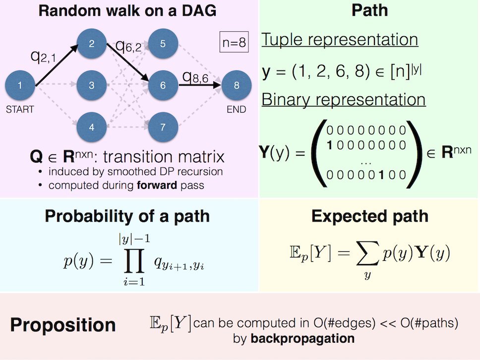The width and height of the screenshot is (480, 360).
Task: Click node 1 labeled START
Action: point(19,85)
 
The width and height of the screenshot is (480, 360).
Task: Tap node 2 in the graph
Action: point(92,44)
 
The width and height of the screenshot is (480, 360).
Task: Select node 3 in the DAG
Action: point(92,85)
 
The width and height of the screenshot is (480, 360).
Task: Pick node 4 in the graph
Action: point(92,127)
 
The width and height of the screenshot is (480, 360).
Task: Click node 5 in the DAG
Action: point(163,44)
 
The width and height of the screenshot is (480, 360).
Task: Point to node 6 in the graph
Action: point(163,85)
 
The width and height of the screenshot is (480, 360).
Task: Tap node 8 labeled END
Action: point(237,85)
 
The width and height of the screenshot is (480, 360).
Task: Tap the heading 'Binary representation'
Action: point(343,100)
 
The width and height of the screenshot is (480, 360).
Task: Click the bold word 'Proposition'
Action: point(63,325)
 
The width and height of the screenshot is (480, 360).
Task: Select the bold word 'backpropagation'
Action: point(302,339)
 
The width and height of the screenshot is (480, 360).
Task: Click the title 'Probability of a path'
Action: point(127,216)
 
